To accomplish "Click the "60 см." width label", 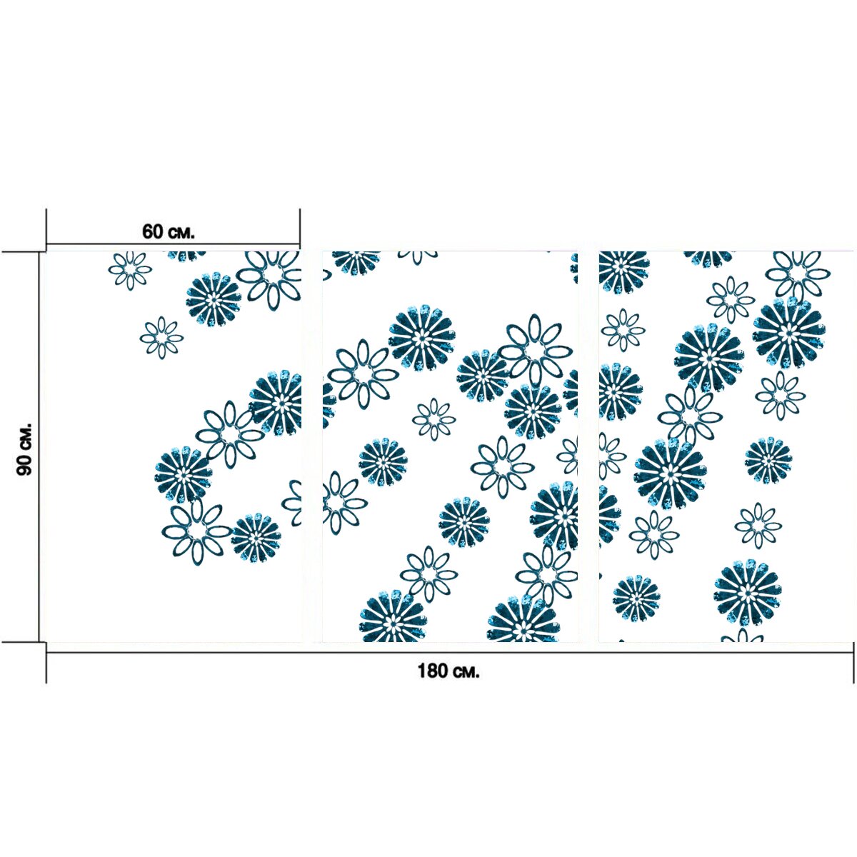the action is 168,232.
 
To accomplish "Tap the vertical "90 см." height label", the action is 24,449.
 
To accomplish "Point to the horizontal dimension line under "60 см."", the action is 173,244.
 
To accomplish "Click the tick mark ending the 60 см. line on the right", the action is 300,229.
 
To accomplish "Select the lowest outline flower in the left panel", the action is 196,532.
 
